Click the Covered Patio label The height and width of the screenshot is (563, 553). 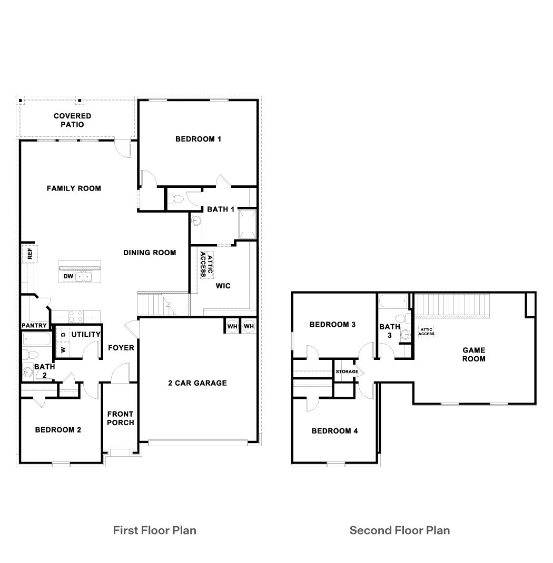(x=72, y=120)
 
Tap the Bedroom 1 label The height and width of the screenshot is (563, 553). (x=198, y=139)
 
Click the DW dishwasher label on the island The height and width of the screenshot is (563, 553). (x=68, y=276)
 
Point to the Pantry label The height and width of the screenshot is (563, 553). (x=34, y=326)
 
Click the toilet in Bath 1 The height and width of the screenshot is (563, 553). (x=176, y=199)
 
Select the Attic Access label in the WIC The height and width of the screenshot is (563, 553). (x=206, y=265)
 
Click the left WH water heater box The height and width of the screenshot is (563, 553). (x=232, y=326)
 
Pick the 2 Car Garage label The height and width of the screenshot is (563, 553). (x=197, y=383)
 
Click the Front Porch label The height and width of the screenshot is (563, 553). (x=121, y=418)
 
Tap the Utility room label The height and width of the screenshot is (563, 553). (x=86, y=335)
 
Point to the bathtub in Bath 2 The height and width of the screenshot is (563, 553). (x=36, y=338)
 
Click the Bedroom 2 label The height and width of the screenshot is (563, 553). (x=58, y=430)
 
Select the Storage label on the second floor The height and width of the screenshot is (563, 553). (x=347, y=372)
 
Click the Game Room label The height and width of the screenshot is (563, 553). (x=473, y=354)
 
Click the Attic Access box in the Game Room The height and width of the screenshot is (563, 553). (x=426, y=331)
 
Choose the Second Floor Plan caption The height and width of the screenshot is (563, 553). (x=400, y=530)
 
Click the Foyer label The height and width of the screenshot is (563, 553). (x=121, y=348)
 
